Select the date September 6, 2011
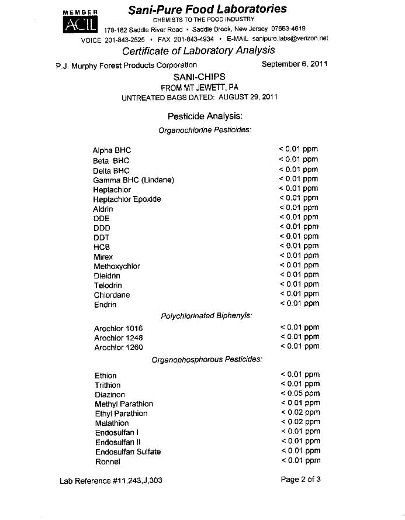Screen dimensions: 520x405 coord(295,64)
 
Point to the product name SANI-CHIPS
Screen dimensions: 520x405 coord(199,77)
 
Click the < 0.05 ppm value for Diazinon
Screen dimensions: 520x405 coord(300,394)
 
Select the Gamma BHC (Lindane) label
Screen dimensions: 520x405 coord(133,180)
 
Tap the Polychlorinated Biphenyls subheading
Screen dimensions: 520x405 coord(206,316)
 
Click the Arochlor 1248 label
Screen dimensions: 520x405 coord(118,338)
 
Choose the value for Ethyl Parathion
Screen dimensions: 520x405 coord(300,413)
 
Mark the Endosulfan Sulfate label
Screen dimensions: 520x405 coord(128,452)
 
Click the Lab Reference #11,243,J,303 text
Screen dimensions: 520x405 coord(111,481)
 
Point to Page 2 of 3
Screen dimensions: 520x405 coord(300,480)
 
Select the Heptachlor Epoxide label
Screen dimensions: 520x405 coord(127,199)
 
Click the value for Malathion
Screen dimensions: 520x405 coord(300,422)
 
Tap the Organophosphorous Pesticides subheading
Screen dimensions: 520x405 coord(206,360)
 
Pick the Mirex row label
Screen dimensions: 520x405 coord(103,257)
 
